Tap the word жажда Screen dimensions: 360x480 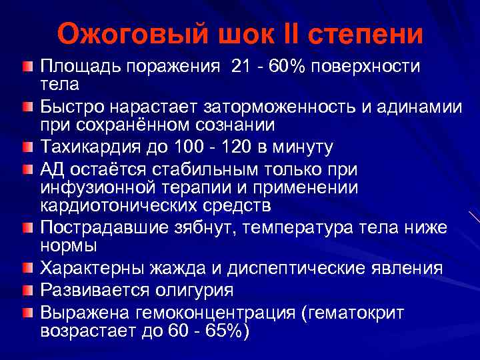pyautogui.click(x=187, y=269)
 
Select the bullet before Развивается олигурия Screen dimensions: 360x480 pyautogui.click(x=25, y=289)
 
